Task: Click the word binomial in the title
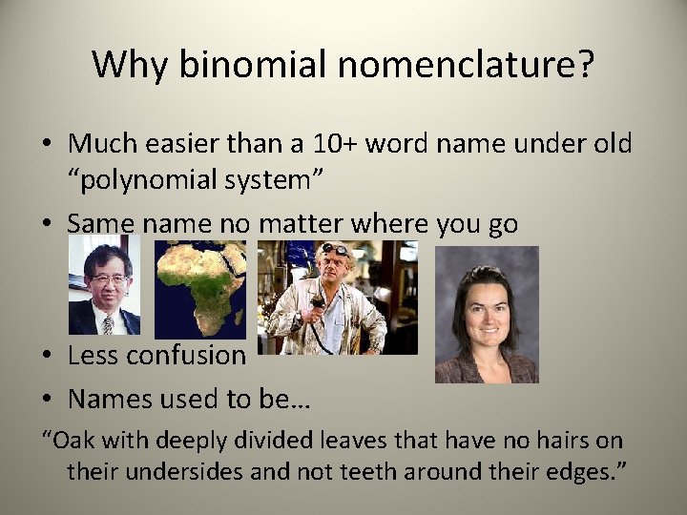point(239,65)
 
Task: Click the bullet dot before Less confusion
point(47,357)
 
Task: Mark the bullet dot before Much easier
point(47,145)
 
